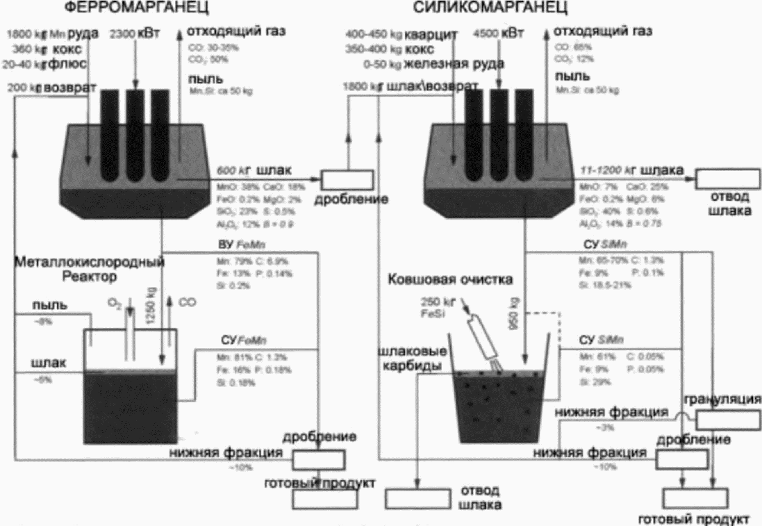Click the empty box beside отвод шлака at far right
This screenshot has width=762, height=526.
click(725, 179)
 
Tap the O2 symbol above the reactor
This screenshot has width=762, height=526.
click(116, 304)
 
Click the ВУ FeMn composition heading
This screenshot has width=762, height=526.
click(233, 245)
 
